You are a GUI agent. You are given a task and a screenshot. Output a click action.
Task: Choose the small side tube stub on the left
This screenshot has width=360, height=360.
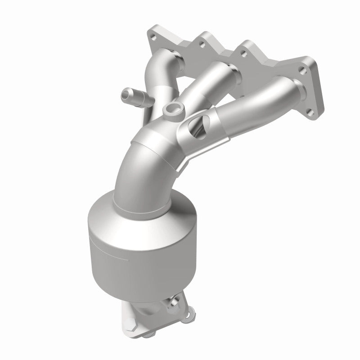click(x=133, y=95)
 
